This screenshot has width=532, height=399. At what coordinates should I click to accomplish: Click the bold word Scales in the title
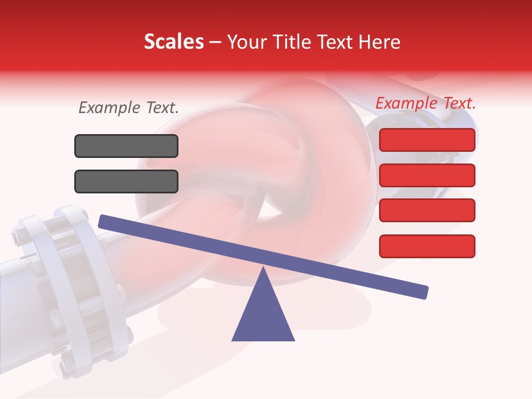(173, 42)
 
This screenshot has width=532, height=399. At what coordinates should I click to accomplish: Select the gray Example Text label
(129, 108)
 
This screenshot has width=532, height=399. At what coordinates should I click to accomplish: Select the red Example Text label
(426, 103)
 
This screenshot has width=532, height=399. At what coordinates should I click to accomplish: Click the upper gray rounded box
(126, 146)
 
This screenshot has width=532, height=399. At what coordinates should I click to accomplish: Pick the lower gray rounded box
(126, 181)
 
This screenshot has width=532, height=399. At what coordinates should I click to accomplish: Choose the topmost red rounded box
(427, 140)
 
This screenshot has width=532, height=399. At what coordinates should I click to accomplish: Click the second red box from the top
(427, 175)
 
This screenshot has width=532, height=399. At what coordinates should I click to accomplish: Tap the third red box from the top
(427, 211)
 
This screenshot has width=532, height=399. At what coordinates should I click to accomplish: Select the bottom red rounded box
(427, 246)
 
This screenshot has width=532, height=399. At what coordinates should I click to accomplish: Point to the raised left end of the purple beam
(103, 222)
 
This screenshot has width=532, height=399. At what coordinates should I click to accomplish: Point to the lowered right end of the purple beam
(423, 292)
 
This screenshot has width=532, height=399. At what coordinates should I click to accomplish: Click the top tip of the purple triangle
(263, 269)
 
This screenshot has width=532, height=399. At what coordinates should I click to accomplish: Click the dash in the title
(215, 42)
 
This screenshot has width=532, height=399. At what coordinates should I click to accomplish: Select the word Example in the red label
(406, 103)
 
